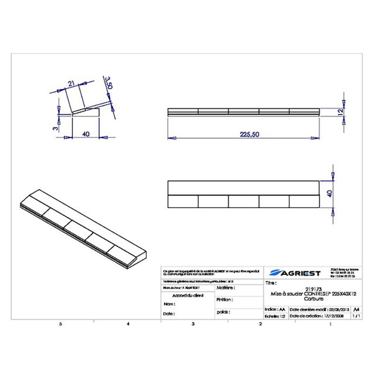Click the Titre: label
[271, 283]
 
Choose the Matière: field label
[225, 287]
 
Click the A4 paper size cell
[357, 309]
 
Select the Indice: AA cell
[275, 310]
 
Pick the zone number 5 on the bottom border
[60, 324]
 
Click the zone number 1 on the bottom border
[330, 324]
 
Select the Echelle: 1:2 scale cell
[275, 316]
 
